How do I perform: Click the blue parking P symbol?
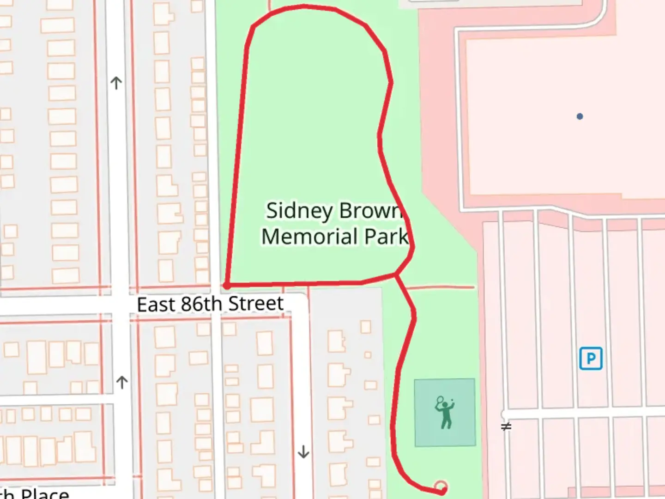tap(591, 359)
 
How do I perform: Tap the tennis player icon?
tap(445, 412)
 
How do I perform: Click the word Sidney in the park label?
tap(299, 211)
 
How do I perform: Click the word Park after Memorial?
tap(386, 237)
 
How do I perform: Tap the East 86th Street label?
tap(210, 304)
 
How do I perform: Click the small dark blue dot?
tap(580, 116)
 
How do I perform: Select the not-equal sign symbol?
tap(506, 426)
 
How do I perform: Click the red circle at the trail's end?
tap(441, 486)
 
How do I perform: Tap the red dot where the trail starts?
tap(226, 286)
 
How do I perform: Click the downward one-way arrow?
tap(303, 451)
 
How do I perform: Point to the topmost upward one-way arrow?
tap(116, 83)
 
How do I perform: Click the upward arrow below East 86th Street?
tap(122, 382)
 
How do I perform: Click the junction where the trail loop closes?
tap(396, 275)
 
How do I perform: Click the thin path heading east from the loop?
tap(439, 287)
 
